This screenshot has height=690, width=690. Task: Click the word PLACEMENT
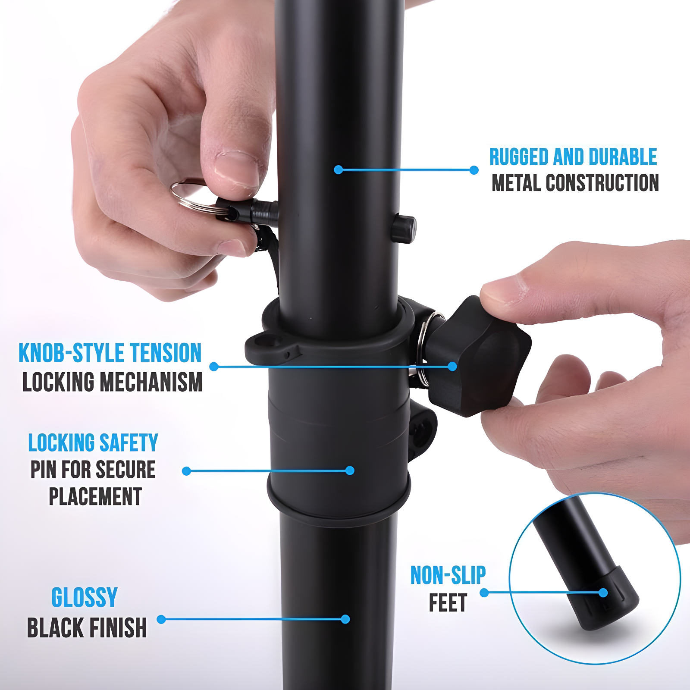tap(95, 496)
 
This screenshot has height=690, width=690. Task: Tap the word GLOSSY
tap(85, 598)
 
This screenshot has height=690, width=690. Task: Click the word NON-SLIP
tap(448, 576)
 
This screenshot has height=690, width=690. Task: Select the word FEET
tap(448, 603)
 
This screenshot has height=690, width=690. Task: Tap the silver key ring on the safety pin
tap(190, 196)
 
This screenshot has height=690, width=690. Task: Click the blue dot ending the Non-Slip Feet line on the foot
tap(603, 593)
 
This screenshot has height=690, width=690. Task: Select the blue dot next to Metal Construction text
tap(474, 170)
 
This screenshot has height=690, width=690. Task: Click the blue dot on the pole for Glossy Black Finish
tap(345, 619)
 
